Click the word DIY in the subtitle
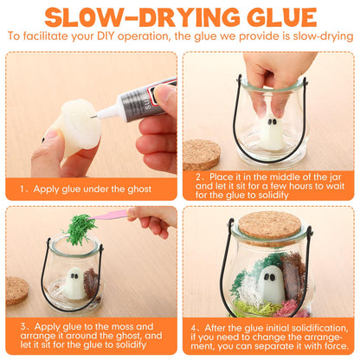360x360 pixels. pyautogui.click(x=106, y=36)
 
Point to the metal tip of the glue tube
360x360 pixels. pyautogui.click(x=93, y=116)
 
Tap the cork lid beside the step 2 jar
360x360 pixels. pyautogui.click(x=201, y=155)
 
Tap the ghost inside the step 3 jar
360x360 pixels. pyautogui.click(x=74, y=284)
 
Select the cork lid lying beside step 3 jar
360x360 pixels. pyautogui.click(x=17, y=291)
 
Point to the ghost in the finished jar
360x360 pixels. pyautogui.click(x=270, y=286)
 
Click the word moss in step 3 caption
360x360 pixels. pyautogui.click(x=122, y=326)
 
